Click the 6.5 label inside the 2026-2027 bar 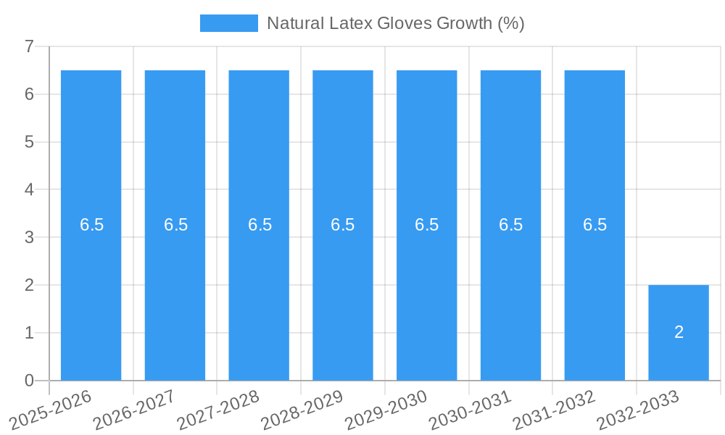tap(175, 225)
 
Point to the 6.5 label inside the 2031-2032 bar tap(594, 225)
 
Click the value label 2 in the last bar tap(679, 332)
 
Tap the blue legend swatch tap(228, 23)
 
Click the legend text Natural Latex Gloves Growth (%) tap(395, 23)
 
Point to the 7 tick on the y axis tap(29, 46)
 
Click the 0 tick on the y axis tap(29, 381)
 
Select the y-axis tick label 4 tap(29, 190)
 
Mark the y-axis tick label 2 tap(29, 285)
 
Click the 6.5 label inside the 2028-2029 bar tap(343, 225)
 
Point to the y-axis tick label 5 tap(29, 142)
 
